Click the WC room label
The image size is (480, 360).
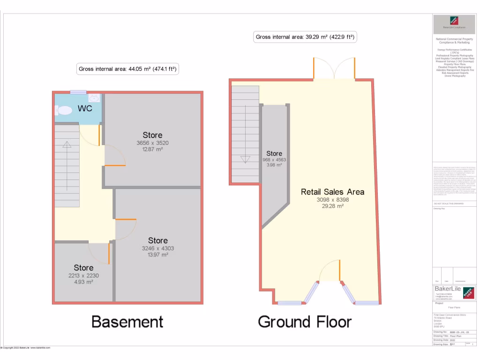(85, 108)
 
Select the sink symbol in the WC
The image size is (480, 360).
(94, 98)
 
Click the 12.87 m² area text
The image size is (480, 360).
(152, 149)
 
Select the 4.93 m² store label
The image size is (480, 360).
(83, 282)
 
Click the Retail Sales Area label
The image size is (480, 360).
(332, 192)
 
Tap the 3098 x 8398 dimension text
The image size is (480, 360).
(332, 200)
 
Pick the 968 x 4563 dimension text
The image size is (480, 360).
(274, 159)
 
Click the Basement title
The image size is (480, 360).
(127, 322)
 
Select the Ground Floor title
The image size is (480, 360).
(305, 322)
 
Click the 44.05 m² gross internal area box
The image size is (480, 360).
(128, 69)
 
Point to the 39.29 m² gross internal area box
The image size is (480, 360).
(305, 37)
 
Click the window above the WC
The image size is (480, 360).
(78, 92)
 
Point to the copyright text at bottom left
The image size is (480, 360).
(25, 348)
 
